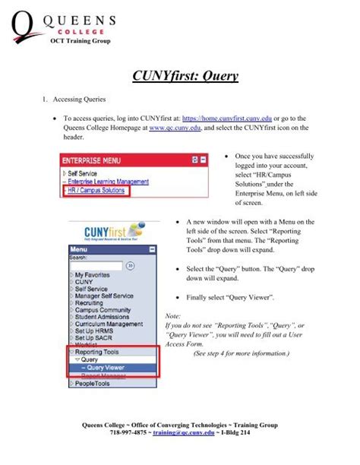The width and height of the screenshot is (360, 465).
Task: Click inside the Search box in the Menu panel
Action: point(96,266)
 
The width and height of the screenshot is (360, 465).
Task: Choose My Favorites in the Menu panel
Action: point(94,274)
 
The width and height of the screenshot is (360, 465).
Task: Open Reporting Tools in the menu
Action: point(98,352)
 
